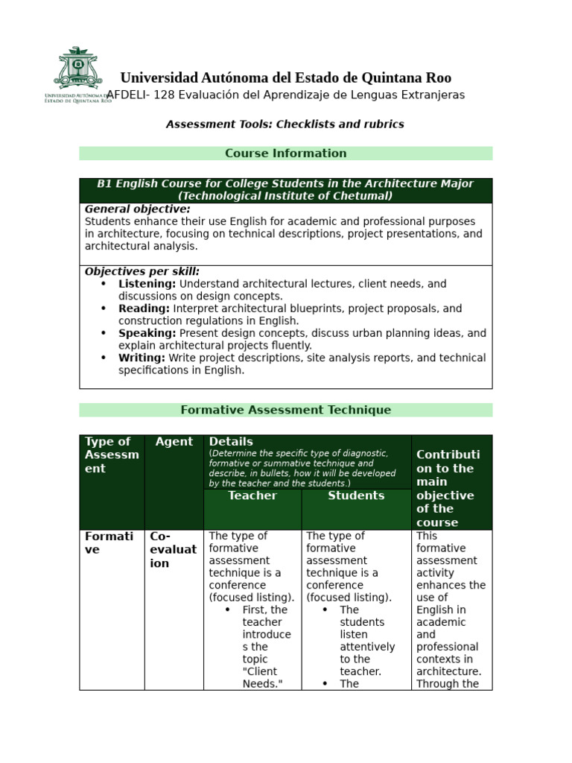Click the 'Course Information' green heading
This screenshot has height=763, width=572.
pos(286,153)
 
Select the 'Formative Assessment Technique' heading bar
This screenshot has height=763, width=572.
pos(286,410)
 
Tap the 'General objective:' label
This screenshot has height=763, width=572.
pos(138,209)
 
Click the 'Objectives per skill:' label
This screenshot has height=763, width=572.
pos(142,272)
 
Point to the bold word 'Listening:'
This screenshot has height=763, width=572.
pos(147,284)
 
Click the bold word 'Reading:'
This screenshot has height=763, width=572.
pos(144,308)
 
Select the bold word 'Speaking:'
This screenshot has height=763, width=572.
pos(147,333)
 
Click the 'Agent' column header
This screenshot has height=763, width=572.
pos(174,442)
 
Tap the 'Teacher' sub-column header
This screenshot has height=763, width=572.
pos(252,496)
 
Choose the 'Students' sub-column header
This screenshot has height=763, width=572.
pos(356,496)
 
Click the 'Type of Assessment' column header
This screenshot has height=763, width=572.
pos(112,455)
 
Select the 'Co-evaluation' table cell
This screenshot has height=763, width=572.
pos(174,550)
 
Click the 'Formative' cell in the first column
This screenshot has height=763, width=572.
pos(109,542)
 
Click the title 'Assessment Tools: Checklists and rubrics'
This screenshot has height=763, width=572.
pos(285,124)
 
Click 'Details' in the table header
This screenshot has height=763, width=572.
pos(231,442)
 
